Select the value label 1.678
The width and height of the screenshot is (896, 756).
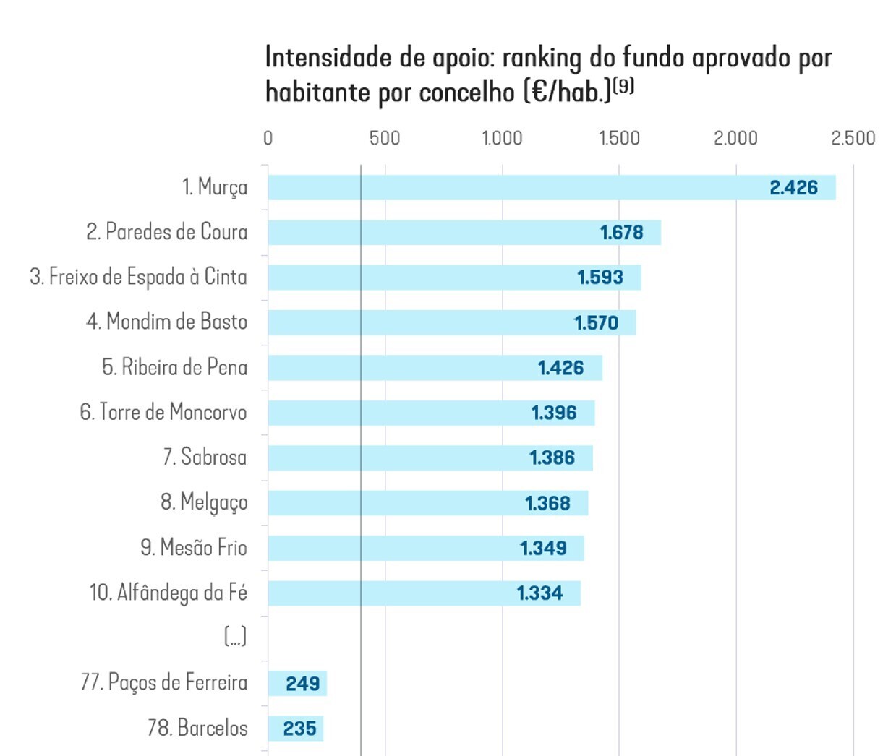click(621, 233)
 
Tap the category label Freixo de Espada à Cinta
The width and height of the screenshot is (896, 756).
click(138, 277)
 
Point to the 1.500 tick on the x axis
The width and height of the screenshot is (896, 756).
click(619, 138)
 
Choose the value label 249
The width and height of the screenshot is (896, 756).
click(302, 684)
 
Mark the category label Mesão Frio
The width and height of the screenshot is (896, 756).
click(193, 548)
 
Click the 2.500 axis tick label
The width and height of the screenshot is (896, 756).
click(853, 138)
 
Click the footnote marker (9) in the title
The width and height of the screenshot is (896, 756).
click(623, 86)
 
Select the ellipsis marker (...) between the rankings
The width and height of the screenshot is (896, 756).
click(235, 637)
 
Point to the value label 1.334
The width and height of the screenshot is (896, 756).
click(539, 593)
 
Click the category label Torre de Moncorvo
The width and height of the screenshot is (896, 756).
click(163, 413)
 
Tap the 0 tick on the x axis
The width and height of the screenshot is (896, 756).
click(268, 138)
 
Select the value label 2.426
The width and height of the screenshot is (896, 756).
click(793, 188)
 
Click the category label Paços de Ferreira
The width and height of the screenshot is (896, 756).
click(164, 682)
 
